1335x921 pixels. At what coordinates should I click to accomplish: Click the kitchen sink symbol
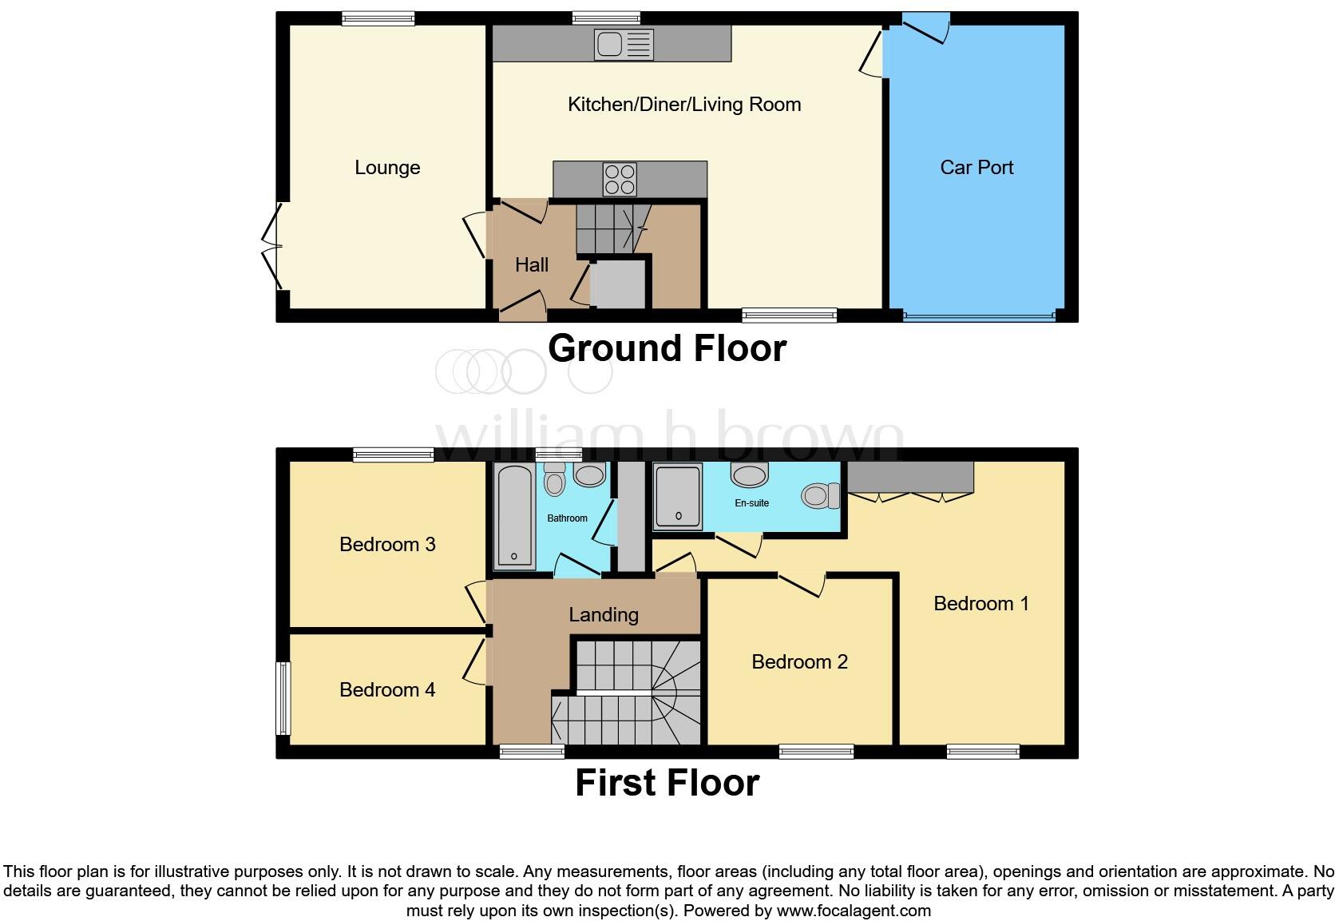tap(624, 45)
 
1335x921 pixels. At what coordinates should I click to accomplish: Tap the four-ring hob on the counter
tap(620, 180)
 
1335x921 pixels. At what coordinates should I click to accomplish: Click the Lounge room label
tap(387, 168)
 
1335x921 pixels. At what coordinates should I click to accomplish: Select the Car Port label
tap(976, 168)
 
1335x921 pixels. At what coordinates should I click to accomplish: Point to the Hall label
tap(532, 265)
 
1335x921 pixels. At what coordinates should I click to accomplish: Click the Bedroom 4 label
tap(387, 689)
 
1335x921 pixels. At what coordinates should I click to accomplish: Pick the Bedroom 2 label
tap(799, 661)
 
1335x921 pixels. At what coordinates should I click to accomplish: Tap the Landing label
tap(604, 614)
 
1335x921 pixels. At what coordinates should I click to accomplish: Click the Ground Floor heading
tap(667, 348)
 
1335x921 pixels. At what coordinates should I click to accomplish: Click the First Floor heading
tap(667, 783)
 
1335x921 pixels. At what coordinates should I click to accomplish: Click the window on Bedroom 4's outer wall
tap(283, 698)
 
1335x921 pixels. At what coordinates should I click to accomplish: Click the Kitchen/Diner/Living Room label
tap(684, 105)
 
